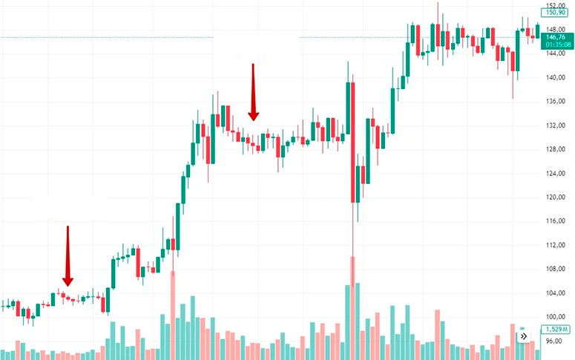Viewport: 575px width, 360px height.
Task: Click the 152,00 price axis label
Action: [x=555, y=4]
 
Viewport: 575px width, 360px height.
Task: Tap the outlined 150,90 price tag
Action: [x=555, y=13]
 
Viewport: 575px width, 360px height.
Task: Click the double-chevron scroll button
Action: [x=523, y=336]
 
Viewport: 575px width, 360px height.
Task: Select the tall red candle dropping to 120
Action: [x=352, y=141]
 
